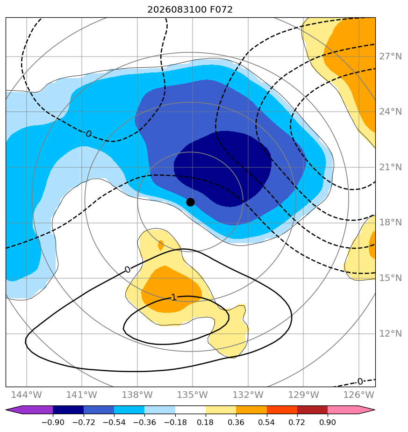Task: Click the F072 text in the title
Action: point(221,10)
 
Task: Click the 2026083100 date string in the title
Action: point(177,10)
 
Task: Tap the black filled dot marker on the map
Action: point(190,202)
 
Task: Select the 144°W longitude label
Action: point(27,395)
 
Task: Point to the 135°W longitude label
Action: point(192,395)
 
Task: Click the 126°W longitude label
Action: point(358,395)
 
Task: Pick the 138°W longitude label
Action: point(137,395)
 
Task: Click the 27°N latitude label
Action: point(390,57)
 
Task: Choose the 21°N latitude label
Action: point(390,167)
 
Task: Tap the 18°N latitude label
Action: point(390,223)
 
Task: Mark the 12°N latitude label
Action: point(390,334)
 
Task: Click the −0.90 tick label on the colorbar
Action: point(53,422)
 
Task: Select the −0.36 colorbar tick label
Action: point(144,422)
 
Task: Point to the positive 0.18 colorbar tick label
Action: point(206,422)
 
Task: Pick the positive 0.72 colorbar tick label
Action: point(297,422)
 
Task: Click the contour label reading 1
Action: point(173,297)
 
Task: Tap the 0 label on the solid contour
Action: point(127,269)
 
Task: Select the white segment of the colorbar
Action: point(190,410)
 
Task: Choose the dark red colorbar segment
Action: point(312,410)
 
